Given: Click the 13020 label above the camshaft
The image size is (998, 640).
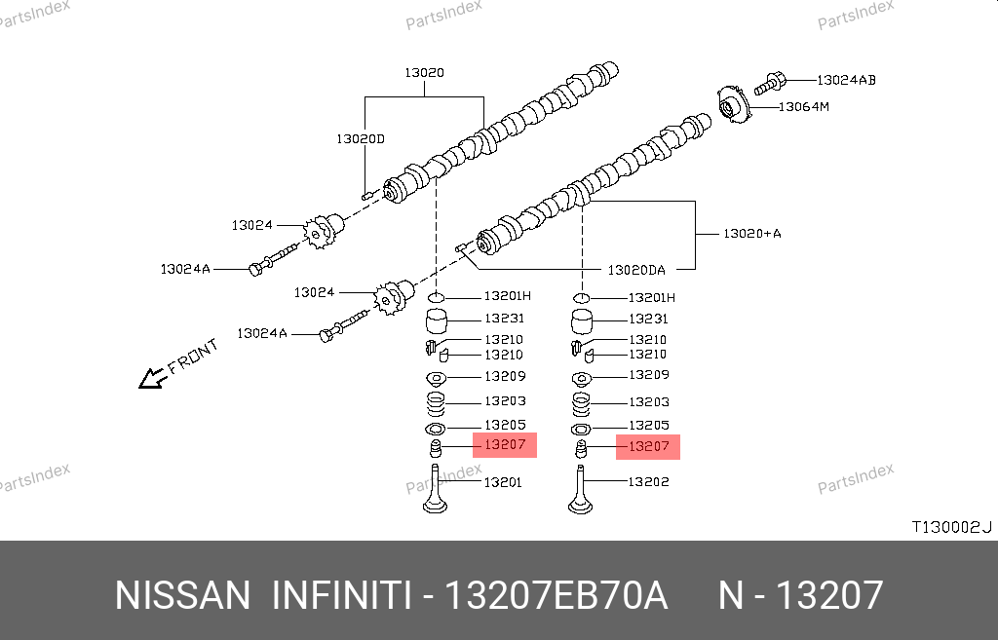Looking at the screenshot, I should (x=425, y=73).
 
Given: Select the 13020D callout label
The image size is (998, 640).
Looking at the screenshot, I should (x=361, y=139).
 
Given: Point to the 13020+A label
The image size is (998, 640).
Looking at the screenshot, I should (x=751, y=234).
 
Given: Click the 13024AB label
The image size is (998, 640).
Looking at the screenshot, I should (x=846, y=80).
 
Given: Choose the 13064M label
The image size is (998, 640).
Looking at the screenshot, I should (x=802, y=106).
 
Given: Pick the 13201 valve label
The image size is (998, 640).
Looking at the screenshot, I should (x=503, y=482).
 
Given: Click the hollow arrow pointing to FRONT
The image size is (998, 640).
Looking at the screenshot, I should (x=151, y=378).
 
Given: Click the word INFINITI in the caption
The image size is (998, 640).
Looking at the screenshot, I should (x=339, y=595).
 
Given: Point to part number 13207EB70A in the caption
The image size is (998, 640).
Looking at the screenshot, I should (x=556, y=595).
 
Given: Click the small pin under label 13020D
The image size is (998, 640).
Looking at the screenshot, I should (x=367, y=194).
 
